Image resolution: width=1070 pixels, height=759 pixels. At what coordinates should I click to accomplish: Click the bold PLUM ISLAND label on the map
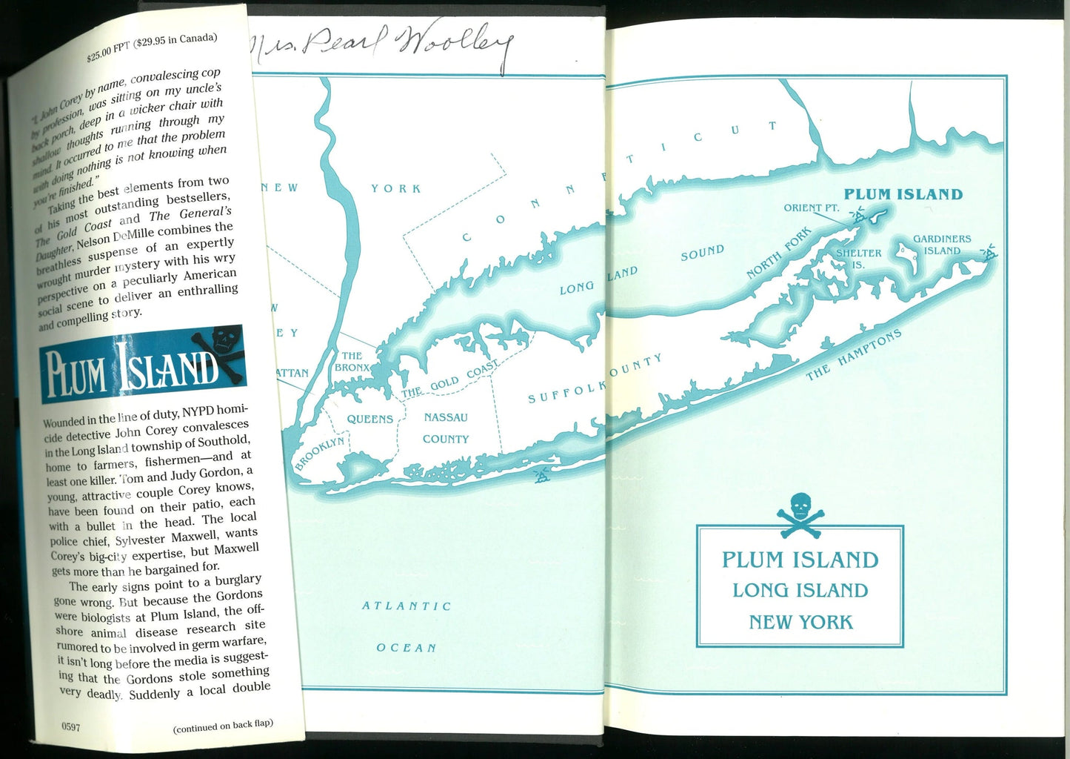click(x=903, y=195)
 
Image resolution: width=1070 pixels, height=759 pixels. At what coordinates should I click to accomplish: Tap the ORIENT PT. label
click(x=812, y=208)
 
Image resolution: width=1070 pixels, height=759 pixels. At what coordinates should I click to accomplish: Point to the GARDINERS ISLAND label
click(x=941, y=245)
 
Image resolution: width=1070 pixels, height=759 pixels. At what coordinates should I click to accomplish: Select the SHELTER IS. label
click(x=858, y=259)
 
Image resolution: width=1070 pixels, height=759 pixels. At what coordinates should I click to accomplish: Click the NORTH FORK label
click(x=778, y=253)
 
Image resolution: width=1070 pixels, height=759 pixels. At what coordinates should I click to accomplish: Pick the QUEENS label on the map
click(x=370, y=420)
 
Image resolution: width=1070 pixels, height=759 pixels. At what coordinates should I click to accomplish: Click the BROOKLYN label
click(x=319, y=454)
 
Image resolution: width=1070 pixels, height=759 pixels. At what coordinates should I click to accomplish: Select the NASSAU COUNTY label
click(x=446, y=428)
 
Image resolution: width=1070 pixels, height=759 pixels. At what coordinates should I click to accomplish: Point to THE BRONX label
click(x=351, y=362)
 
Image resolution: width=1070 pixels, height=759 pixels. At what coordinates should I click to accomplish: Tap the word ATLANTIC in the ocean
click(x=407, y=606)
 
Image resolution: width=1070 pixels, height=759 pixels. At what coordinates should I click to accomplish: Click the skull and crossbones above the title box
click(x=800, y=512)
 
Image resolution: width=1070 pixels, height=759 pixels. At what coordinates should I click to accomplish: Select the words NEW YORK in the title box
click(x=800, y=622)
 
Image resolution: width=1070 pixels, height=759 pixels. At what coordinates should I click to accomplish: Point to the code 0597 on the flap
click(x=70, y=727)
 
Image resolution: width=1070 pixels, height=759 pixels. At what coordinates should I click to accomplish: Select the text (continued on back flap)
click(x=223, y=726)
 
